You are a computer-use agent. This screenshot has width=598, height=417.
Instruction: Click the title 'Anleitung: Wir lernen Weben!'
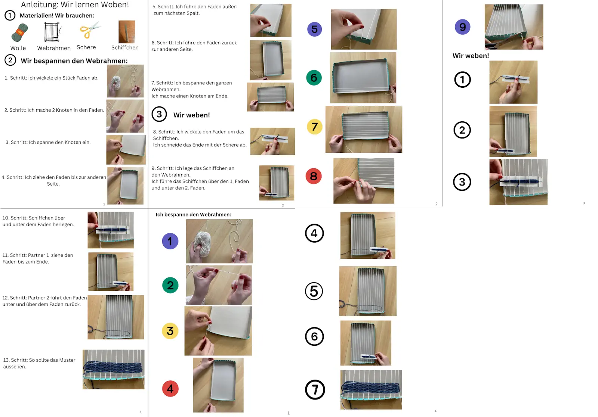tap(75, 5)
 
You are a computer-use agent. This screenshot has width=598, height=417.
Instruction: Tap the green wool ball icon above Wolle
tap(19, 33)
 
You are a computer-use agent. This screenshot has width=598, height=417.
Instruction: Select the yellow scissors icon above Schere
tap(89, 31)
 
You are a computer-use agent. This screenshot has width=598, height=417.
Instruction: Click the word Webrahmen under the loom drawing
tap(54, 48)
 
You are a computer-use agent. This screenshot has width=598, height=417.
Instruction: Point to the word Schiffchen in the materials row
tap(125, 48)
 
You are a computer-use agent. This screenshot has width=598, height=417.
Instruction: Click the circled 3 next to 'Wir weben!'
tap(159, 114)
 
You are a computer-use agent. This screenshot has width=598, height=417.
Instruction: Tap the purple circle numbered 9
tap(462, 27)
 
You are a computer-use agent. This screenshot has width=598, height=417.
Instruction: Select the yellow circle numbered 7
tap(314, 127)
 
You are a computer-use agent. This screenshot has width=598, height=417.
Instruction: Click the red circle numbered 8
tap(314, 176)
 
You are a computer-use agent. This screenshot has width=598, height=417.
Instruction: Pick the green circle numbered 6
tap(314, 78)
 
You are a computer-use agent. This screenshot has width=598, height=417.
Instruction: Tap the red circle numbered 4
tap(170, 389)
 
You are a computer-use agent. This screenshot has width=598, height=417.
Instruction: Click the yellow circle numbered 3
tap(170, 331)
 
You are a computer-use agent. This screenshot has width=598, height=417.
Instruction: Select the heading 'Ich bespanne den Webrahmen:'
tap(193, 215)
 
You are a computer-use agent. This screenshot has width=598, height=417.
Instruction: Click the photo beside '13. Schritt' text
tap(113, 369)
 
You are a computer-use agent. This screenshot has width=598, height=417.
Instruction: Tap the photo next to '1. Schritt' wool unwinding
tap(125, 81)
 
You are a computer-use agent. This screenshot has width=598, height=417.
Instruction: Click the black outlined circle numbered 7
tap(315, 390)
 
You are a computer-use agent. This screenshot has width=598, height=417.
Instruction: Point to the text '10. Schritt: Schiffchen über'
tap(34, 218)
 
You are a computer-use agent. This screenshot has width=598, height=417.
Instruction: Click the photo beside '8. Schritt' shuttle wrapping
tap(272, 141)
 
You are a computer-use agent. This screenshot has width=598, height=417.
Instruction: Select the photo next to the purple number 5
tap(363, 29)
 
